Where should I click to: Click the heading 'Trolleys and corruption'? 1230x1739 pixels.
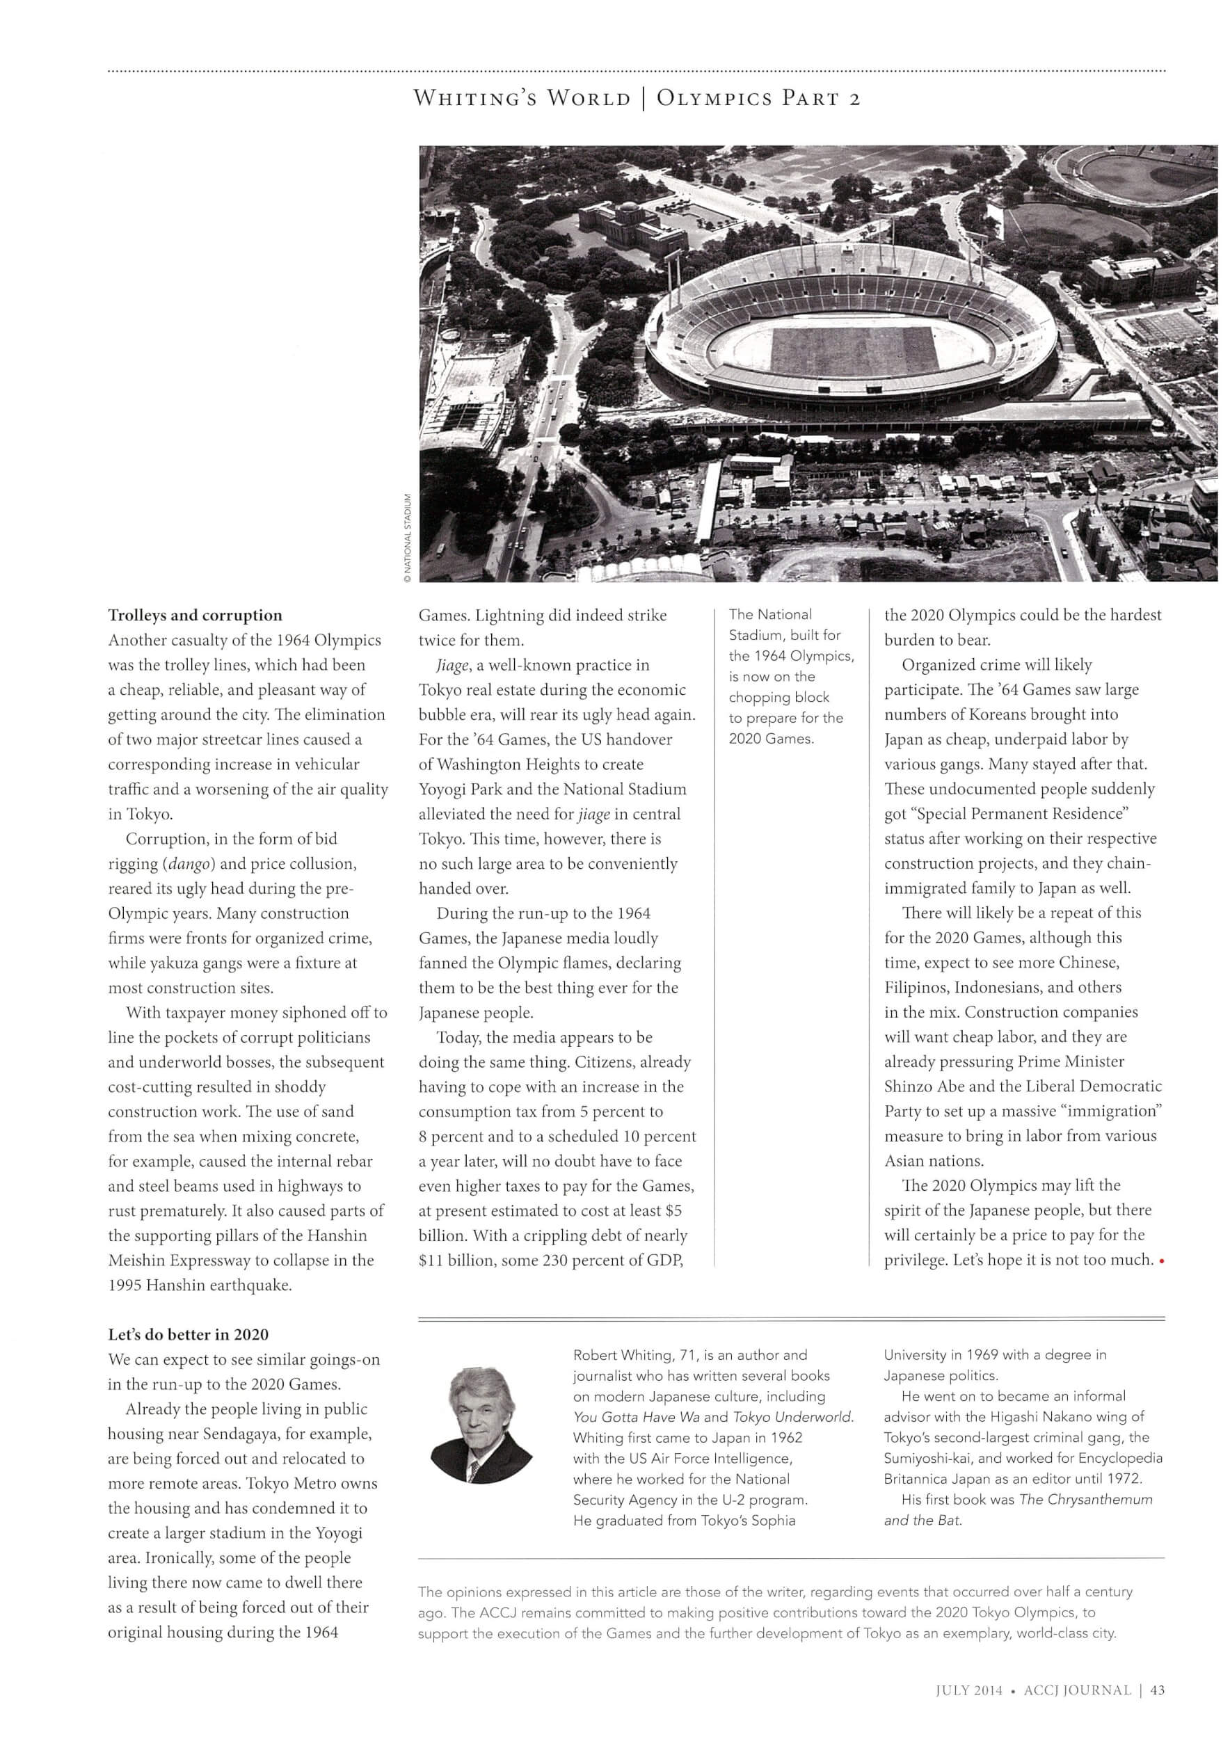(x=195, y=615)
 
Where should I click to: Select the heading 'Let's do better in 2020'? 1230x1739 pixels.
(x=188, y=1335)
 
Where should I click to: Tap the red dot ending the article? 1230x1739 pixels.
(x=1161, y=1262)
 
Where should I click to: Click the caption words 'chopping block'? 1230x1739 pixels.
(x=778, y=697)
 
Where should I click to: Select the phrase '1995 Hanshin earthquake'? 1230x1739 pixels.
(x=199, y=1285)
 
